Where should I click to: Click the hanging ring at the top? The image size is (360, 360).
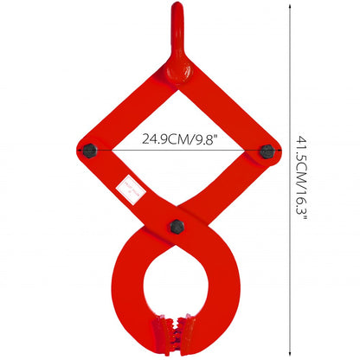click(178, 17)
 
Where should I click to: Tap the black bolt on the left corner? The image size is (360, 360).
click(89, 151)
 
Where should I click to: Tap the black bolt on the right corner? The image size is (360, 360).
click(267, 151)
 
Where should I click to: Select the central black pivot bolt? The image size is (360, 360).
click(177, 227)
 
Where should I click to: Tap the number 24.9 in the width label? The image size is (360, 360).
click(156, 138)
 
